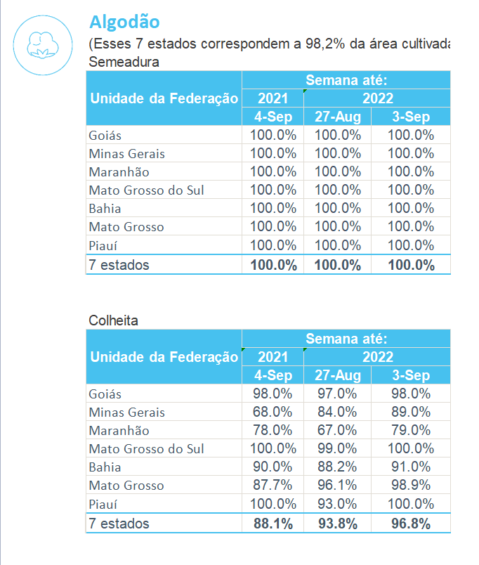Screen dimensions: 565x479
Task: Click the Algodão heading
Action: pyautogui.click(x=124, y=22)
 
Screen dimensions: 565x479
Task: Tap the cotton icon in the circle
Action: pyautogui.click(x=43, y=46)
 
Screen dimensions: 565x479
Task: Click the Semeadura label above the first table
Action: pyautogui.click(x=124, y=62)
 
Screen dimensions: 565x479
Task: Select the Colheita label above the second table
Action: pyautogui.click(x=113, y=320)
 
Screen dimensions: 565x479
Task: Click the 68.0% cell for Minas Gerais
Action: pyautogui.click(x=273, y=412)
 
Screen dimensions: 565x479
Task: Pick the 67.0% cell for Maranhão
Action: pyautogui.click(x=337, y=430)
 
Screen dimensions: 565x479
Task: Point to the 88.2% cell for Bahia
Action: pyautogui.click(x=337, y=467)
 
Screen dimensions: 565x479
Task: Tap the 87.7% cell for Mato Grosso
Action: pyautogui.click(x=273, y=485)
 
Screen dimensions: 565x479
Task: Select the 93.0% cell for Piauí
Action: pyautogui.click(x=337, y=504)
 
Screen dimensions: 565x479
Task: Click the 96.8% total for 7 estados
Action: pyautogui.click(x=410, y=524)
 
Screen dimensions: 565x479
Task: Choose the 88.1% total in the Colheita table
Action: pyautogui.click(x=273, y=524)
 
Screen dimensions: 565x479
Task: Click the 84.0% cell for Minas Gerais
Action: pyautogui.click(x=337, y=412)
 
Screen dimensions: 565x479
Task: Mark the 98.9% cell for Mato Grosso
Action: pyautogui.click(x=410, y=485)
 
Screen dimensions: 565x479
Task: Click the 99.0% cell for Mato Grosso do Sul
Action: pyautogui.click(x=337, y=448)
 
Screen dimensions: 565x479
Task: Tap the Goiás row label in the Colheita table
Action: pyautogui.click(x=105, y=394)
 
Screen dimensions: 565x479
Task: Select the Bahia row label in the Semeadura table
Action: pyautogui.click(x=105, y=209)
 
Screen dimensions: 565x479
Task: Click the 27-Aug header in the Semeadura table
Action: pyautogui.click(x=337, y=117)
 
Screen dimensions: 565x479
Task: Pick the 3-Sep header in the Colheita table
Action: pyautogui.click(x=410, y=375)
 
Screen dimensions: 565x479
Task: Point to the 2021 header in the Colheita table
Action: pyautogui.click(x=273, y=357)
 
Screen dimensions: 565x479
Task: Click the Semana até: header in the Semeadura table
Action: pyautogui.click(x=346, y=80)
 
